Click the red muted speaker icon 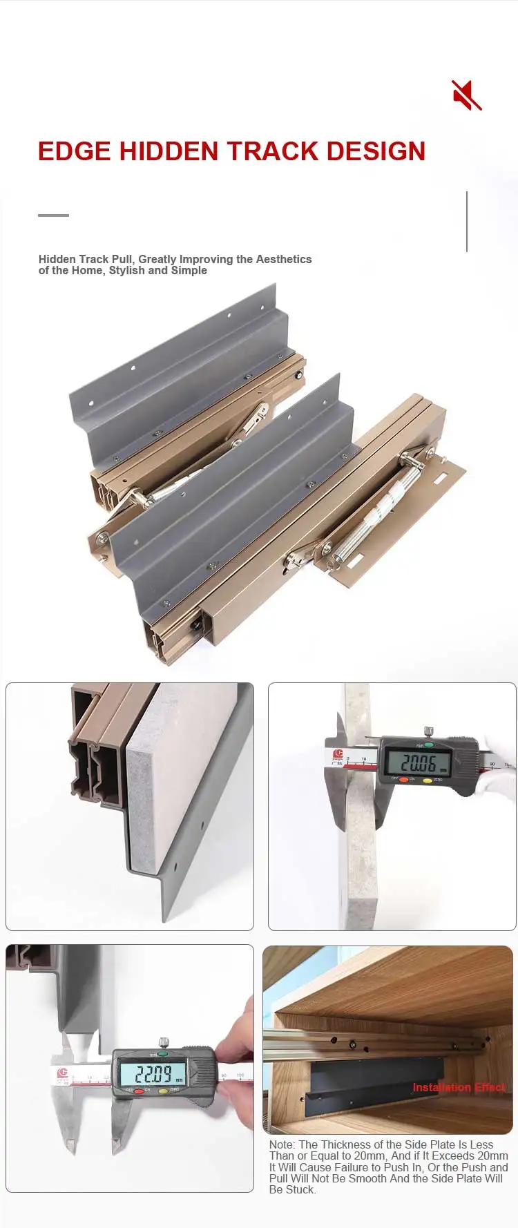click(467, 95)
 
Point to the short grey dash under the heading click(53, 215)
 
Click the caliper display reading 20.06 click(418, 763)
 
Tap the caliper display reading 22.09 click(152, 1074)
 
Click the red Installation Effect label click(458, 1087)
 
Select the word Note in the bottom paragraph click(281, 1144)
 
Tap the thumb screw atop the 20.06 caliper click(428, 731)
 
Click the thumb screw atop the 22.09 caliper click(164, 1042)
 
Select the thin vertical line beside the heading click(467, 221)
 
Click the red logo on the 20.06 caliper click(338, 754)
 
